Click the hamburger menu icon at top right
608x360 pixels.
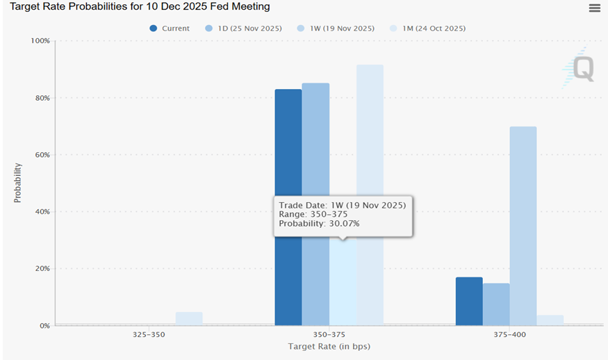[x=594, y=8]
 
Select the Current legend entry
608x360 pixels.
[x=170, y=28]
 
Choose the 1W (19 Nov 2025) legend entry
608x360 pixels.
[x=336, y=28]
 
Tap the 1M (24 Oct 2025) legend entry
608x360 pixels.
[x=427, y=28]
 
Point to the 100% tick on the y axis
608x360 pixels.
[x=40, y=41]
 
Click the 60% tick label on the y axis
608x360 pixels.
[x=42, y=155]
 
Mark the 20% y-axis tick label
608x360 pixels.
[x=42, y=268]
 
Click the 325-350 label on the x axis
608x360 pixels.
[x=149, y=334]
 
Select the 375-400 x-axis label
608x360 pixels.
[x=509, y=334]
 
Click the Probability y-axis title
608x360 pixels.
[x=18, y=183]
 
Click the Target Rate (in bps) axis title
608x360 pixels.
[x=329, y=346]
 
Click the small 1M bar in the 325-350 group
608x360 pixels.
[x=189, y=318]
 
